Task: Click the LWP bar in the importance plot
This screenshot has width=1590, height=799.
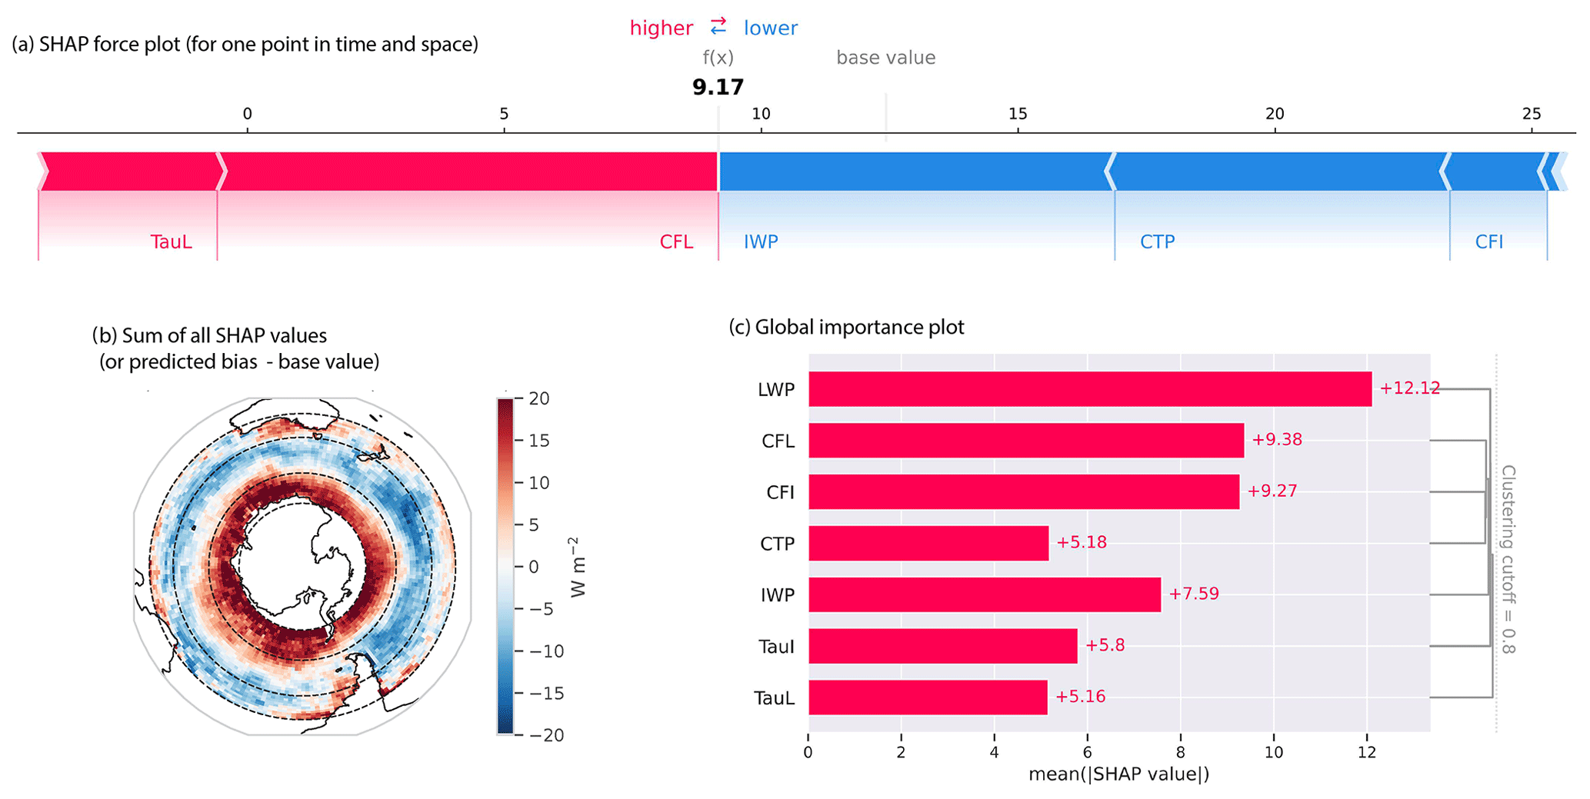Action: point(1089,389)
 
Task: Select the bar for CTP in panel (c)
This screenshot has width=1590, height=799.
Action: point(928,543)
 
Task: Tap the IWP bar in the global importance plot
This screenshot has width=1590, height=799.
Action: point(984,594)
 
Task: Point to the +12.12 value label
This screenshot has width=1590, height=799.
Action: point(1409,388)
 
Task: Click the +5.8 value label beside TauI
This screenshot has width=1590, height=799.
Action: point(1105,645)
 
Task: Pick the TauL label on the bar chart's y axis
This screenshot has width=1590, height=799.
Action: point(774,698)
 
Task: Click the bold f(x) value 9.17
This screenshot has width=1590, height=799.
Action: point(718,87)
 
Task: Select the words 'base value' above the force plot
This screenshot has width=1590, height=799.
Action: point(885,58)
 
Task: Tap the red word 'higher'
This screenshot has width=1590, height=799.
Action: point(661,28)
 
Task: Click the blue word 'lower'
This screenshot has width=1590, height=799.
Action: point(770,28)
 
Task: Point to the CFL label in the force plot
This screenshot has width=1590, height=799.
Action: point(676,242)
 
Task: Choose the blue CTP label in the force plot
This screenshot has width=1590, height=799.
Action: point(1157,242)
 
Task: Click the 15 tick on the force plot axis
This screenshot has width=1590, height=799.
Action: point(1017,114)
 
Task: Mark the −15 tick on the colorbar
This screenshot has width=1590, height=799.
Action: point(546,694)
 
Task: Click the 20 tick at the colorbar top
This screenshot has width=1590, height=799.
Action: point(539,398)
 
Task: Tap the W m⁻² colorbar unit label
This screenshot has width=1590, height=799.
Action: point(578,567)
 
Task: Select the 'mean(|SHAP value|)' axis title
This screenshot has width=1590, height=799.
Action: point(1118,774)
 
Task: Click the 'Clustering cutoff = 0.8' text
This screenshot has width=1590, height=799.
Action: point(1508,559)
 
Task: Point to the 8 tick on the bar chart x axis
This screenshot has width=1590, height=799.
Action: point(1180,752)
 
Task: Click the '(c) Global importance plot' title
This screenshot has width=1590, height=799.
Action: point(846,328)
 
